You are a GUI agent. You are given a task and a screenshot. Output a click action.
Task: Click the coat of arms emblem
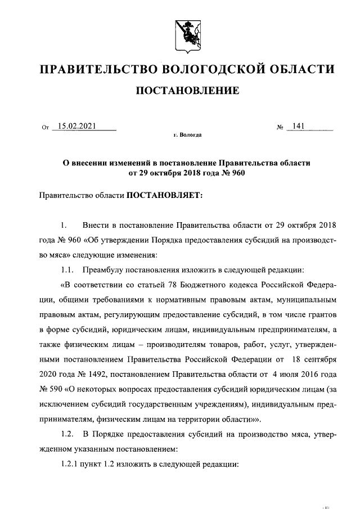point(187,34)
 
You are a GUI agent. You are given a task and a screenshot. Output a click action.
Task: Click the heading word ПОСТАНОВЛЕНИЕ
point(187,90)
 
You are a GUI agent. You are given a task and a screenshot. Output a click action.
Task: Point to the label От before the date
point(46,128)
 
